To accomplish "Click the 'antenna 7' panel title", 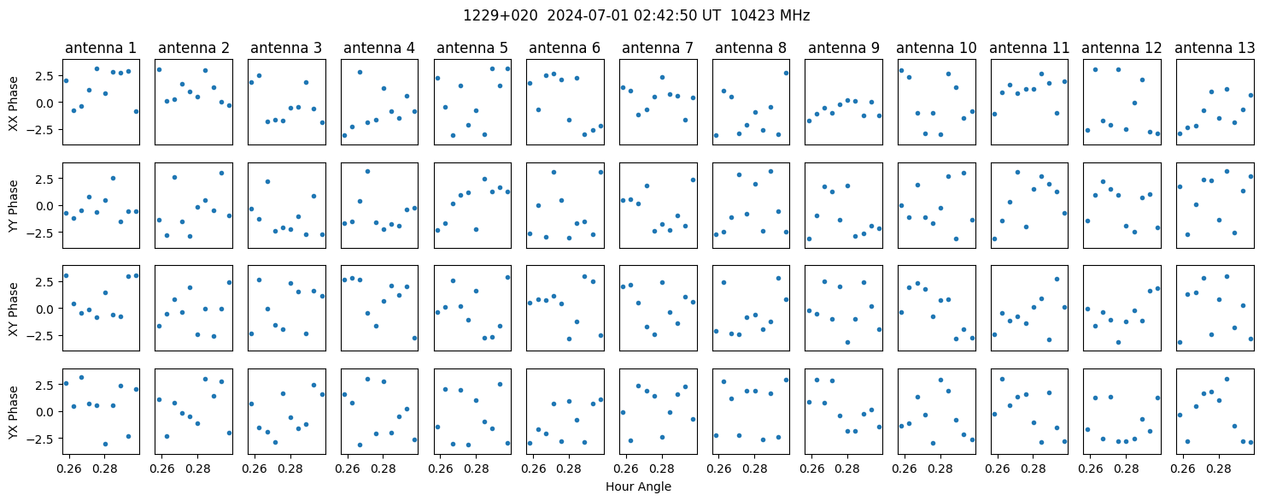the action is point(658,49).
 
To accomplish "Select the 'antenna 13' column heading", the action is point(1215,49).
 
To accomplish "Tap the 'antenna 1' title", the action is point(101,49).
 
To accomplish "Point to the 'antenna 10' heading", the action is point(936,49).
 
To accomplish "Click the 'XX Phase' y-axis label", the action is point(14,104).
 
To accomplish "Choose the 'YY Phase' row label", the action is point(14,206).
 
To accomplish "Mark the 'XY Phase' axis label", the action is point(14,309).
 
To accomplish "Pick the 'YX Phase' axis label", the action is point(14,412).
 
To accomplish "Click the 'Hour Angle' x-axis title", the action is point(638,486).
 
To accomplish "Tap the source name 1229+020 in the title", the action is point(501,16).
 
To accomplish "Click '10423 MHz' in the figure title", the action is point(770,16).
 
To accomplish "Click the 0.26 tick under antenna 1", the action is point(69,469).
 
